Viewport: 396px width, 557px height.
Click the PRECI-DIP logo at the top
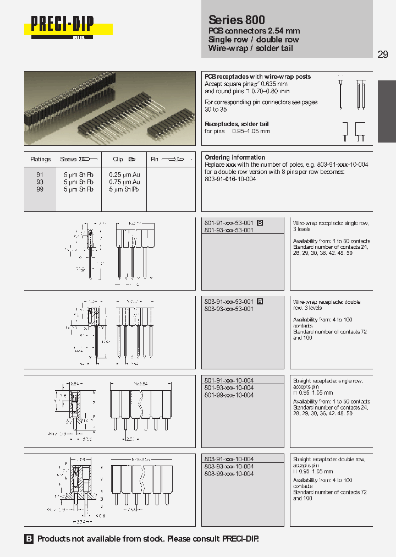(62, 25)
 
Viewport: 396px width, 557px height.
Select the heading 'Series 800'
(237, 20)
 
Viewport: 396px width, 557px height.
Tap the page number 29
(383, 54)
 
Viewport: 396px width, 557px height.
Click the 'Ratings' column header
(41, 160)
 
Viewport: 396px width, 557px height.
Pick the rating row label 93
(40, 182)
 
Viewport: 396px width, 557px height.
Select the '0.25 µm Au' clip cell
(124, 174)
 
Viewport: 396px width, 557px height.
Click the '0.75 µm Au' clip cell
(124, 182)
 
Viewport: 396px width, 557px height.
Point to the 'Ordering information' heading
(235, 157)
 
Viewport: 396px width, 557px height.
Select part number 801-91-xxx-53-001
(229, 223)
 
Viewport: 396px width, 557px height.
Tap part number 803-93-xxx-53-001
(229, 309)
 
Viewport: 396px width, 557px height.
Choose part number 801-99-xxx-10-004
(229, 395)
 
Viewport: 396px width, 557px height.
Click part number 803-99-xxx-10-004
(229, 474)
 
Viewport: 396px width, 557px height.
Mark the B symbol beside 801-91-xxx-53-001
(260, 223)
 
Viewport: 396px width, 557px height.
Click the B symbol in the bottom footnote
(29, 539)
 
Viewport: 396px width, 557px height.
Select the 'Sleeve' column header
(69, 160)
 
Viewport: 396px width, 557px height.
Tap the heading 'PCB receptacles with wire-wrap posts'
(257, 77)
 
